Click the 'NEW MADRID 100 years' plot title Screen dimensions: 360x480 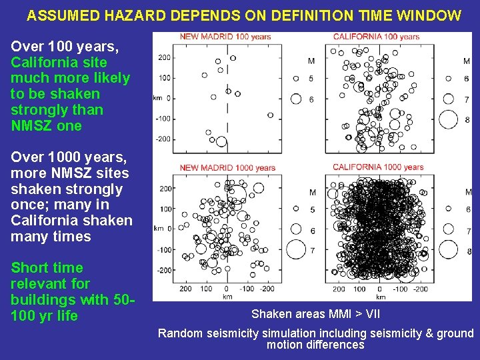pyautogui.click(x=225, y=37)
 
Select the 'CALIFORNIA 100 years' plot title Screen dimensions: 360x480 pyautogui.click(x=376, y=37)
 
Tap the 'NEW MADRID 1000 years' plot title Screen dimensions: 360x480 pyautogui.click(x=227, y=168)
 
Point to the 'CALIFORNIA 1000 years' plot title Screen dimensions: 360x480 pyautogui.click(x=378, y=167)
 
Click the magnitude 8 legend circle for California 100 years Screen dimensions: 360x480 pyautogui.click(x=448, y=119)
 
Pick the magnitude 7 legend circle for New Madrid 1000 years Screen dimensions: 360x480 pyautogui.click(x=295, y=249)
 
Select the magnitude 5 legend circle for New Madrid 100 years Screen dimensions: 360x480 pyautogui.click(x=295, y=79)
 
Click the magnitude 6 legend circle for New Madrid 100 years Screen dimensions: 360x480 pyautogui.click(x=295, y=99)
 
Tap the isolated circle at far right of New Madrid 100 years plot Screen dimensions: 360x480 pyautogui.click(x=270, y=115)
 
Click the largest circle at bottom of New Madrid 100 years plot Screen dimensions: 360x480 pyautogui.click(x=221, y=141)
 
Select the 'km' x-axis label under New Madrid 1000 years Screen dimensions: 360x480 pyautogui.click(x=227, y=296)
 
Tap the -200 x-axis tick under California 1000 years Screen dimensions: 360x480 pyautogui.click(x=420, y=289)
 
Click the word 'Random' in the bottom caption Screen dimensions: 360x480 pyautogui.click(x=178, y=333)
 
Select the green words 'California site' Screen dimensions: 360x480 pyautogui.click(x=59, y=62)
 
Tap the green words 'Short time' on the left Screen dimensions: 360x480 pyautogui.click(x=47, y=268)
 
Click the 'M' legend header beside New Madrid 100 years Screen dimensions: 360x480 pyautogui.click(x=311, y=61)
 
